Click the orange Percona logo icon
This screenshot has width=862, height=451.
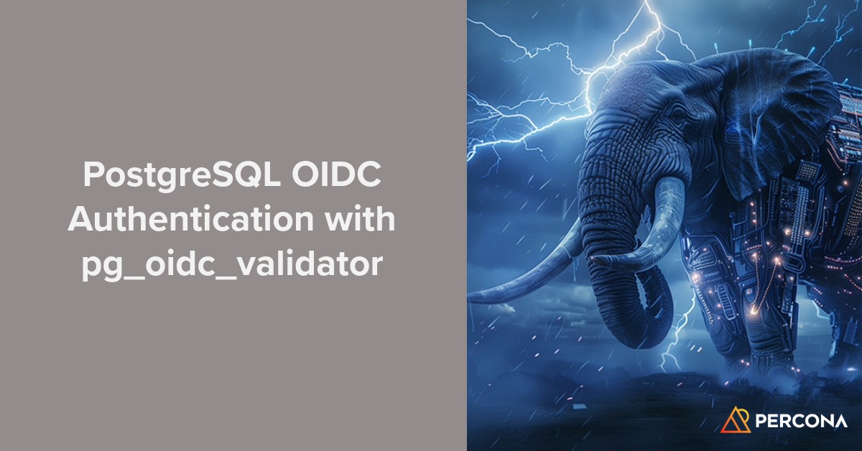(734, 419)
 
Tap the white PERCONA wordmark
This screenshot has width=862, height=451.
(800, 420)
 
